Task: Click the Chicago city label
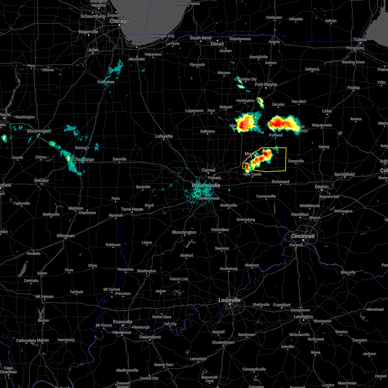119,21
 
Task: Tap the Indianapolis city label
206,185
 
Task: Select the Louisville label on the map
229,300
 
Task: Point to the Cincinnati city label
303,236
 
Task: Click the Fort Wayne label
266,85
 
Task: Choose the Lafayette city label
164,136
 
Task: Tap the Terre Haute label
132,210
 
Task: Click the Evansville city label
123,322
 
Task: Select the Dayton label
321,187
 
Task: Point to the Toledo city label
360,39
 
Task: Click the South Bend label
200,38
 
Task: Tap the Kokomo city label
208,132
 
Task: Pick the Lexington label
303,317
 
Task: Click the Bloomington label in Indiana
184,232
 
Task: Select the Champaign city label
83,160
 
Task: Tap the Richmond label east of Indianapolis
280,182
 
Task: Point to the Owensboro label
150,337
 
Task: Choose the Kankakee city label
106,82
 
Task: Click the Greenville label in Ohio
296,161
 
